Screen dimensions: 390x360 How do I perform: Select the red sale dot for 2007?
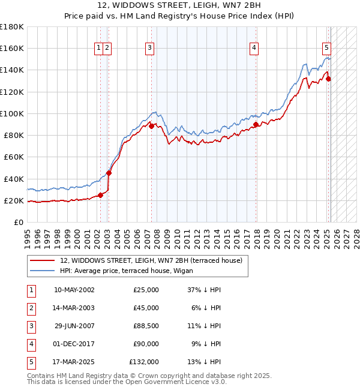[x=152, y=125]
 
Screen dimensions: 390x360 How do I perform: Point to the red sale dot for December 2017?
[x=256, y=124]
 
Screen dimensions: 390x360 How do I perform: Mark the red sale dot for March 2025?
[x=329, y=79]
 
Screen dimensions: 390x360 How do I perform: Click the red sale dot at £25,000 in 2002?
[x=101, y=194]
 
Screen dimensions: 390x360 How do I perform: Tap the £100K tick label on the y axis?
[x=11, y=113]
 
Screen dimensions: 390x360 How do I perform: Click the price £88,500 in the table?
[x=144, y=326]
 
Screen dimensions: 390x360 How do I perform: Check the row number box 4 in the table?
[x=30, y=344]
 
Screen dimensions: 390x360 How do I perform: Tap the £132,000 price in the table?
[x=144, y=362]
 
